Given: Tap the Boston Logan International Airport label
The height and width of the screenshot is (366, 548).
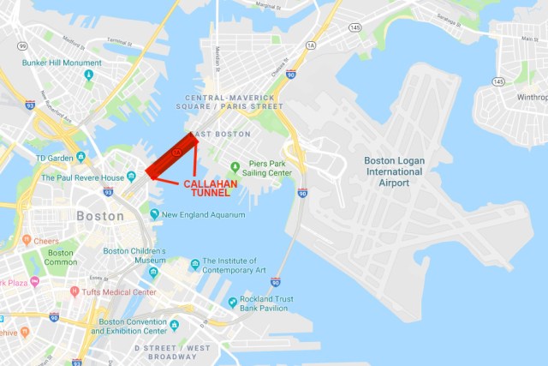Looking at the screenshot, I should (393, 171).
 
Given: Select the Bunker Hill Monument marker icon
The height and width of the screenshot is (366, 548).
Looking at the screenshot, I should (89, 75).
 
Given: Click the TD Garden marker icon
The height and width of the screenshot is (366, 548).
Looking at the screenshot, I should (80, 157).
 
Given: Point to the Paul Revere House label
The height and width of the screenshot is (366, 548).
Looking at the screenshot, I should (83, 177).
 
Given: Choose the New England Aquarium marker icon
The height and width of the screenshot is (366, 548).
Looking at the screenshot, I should (154, 214).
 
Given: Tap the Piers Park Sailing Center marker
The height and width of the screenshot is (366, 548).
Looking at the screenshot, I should (235, 165).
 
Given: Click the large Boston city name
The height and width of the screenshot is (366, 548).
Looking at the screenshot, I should (101, 216).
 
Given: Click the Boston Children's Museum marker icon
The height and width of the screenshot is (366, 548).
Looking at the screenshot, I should (153, 273).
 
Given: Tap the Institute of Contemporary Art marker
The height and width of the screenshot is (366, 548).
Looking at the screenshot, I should (195, 263).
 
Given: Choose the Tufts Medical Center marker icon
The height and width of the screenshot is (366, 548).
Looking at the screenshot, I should (75, 291).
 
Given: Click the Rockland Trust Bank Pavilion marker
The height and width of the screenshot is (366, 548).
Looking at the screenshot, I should (232, 303).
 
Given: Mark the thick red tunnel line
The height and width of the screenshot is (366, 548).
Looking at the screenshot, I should (170, 154).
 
